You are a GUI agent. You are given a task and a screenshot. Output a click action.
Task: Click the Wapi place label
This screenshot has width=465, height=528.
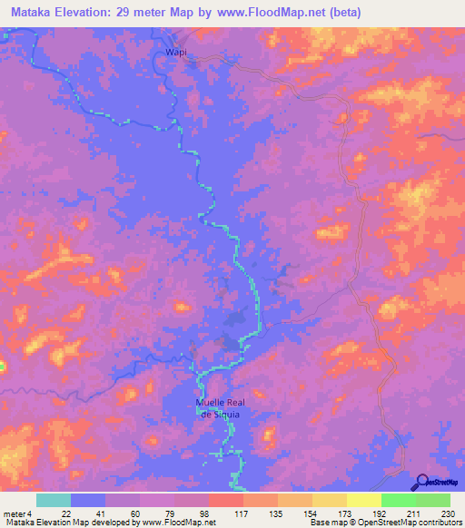coord(176,53)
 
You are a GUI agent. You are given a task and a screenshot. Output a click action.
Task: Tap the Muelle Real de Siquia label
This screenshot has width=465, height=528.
coord(218,407)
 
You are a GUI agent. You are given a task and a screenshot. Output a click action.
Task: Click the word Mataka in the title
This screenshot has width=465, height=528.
coord(32,12)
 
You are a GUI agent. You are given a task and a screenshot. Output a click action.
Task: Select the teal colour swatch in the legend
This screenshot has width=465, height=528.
coord(54,500)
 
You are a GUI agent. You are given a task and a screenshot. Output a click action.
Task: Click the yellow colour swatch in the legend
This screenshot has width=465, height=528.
coord(363,500)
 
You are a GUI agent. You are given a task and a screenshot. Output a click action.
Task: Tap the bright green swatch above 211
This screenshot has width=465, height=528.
coord(398,500)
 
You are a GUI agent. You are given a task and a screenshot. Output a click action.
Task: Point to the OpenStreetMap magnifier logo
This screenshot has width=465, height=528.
coord(420,483)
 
